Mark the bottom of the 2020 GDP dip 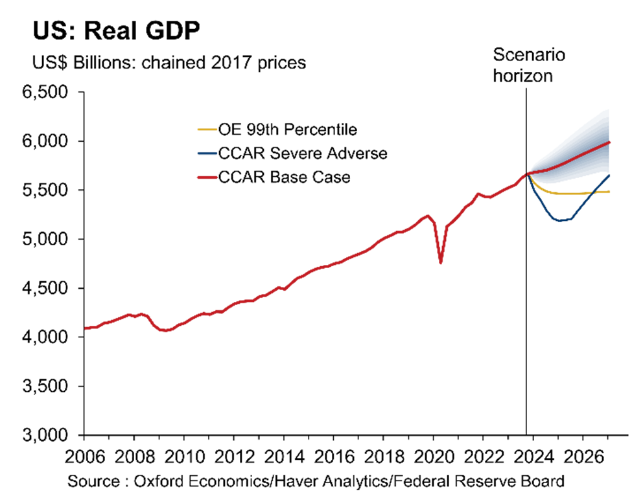(441, 262)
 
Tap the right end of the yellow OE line (609, 191)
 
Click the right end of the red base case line (609, 142)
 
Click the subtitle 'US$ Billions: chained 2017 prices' (170, 63)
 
